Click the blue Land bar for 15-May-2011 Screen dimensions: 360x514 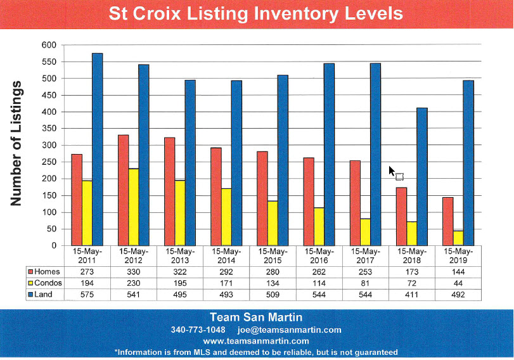click(x=97, y=149)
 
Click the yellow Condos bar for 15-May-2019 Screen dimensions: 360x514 click(x=458, y=238)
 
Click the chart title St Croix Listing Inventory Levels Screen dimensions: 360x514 click(x=256, y=13)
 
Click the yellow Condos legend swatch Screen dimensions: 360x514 click(x=31, y=283)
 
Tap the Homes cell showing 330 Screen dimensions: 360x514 click(x=133, y=271)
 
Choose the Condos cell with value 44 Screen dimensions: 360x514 click(x=458, y=283)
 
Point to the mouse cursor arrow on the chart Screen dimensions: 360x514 click(x=392, y=171)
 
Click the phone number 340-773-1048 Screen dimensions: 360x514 click(x=198, y=330)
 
